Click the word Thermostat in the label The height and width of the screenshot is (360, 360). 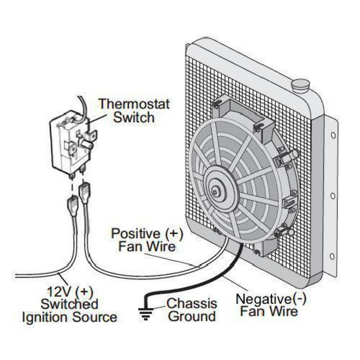point(134,104)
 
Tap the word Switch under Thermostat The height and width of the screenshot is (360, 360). point(134,117)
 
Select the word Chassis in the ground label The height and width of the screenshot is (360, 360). point(192,303)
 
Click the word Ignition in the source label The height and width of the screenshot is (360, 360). point(45,317)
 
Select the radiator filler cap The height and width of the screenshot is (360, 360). point(300,85)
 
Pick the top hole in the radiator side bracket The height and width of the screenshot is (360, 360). point(333,135)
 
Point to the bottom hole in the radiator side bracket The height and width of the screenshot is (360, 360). point(332,256)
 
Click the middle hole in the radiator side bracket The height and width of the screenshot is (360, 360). point(332,195)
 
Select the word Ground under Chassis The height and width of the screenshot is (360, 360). point(192,316)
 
